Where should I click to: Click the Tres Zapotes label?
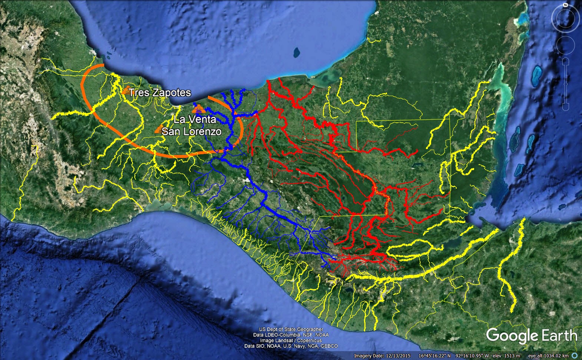click(160, 93)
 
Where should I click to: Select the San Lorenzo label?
click(192, 131)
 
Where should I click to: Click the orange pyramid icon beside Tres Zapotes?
click(126, 90)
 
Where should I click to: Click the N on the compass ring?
click(565, 5)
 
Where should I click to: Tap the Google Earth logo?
click(532, 336)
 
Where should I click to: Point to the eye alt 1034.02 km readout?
click(548, 356)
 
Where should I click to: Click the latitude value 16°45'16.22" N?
click(434, 356)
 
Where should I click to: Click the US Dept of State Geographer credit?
click(291, 329)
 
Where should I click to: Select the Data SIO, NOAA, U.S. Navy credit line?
click(291, 346)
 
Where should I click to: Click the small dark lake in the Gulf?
click(297, 52)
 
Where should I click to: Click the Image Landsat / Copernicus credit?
click(291, 340)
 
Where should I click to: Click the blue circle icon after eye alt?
click(575, 356)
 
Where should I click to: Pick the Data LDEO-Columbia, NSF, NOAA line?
click(291, 335)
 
